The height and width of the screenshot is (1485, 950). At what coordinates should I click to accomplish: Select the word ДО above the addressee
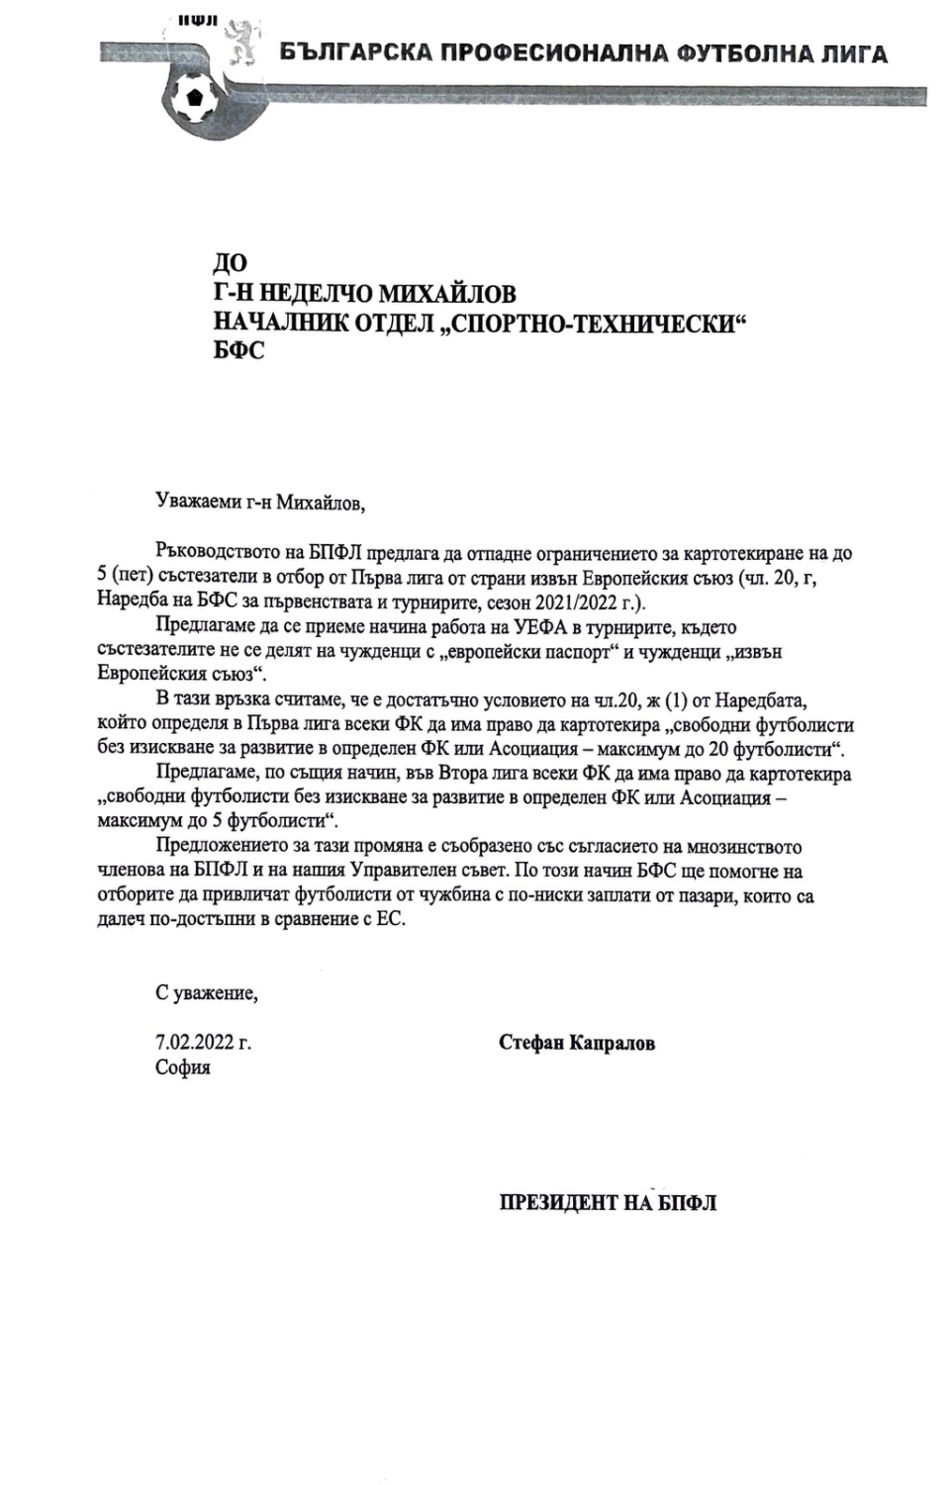pyautogui.click(x=231, y=263)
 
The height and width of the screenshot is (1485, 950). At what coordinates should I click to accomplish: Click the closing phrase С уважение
pyautogui.click(x=206, y=992)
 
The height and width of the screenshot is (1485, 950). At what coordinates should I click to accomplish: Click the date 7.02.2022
pyautogui.click(x=193, y=1042)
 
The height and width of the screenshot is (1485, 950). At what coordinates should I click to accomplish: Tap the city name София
pyautogui.click(x=182, y=1067)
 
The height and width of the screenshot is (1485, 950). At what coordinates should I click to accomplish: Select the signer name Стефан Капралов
pyautogui.click(x=577, y=1043)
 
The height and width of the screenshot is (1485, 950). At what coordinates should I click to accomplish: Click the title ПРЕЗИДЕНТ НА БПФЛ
pyautogui.click(x=608, y=1203)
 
